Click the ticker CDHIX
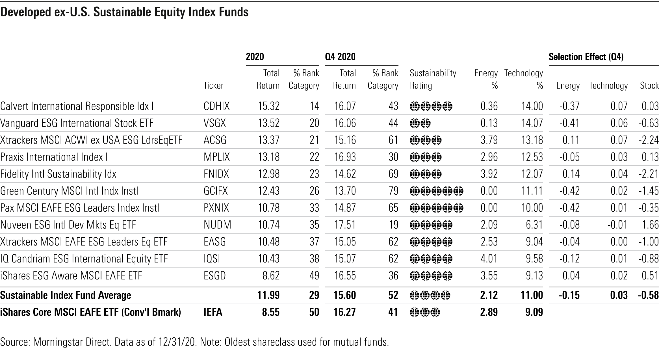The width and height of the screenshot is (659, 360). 216,106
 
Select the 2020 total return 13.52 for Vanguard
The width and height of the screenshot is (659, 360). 268,123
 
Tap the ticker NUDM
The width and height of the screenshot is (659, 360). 217,225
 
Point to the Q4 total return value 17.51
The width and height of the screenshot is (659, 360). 345,225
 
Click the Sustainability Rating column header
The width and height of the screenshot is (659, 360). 433,79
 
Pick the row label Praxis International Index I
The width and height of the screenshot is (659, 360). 54,157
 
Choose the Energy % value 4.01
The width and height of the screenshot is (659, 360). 489,259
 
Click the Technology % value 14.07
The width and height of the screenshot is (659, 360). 532,123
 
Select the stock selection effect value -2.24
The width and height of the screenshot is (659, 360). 649,140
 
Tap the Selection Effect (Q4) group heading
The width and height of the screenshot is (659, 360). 586,57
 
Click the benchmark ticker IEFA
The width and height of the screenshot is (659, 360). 213,312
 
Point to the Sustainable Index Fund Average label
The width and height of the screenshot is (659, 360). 66,295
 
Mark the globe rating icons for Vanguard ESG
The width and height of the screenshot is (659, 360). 420,123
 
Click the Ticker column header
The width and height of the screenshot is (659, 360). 213,85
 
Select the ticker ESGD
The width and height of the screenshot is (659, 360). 215,276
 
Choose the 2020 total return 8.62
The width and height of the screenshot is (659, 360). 271,276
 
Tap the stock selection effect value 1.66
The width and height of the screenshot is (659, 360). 650,225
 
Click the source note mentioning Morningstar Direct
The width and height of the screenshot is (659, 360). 194,342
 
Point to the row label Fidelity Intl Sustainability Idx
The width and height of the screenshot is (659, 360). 58,174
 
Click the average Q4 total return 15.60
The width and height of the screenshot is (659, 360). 345,295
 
